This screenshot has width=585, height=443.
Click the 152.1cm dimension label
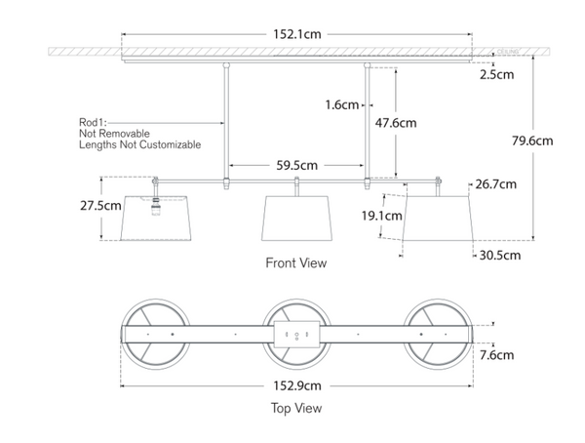point(296,34)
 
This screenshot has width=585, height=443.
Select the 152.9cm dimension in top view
point(297,385)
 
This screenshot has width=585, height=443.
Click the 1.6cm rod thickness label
point(342,104)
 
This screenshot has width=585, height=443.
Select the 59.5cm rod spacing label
point(297,166)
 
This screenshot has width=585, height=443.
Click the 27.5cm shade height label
point(101,206)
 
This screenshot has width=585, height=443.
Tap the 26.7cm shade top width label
point(497,183)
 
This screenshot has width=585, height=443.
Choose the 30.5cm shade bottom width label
point(499,255)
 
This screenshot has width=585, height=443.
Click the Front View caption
point(296,262)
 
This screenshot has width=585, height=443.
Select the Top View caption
point(296,408)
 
